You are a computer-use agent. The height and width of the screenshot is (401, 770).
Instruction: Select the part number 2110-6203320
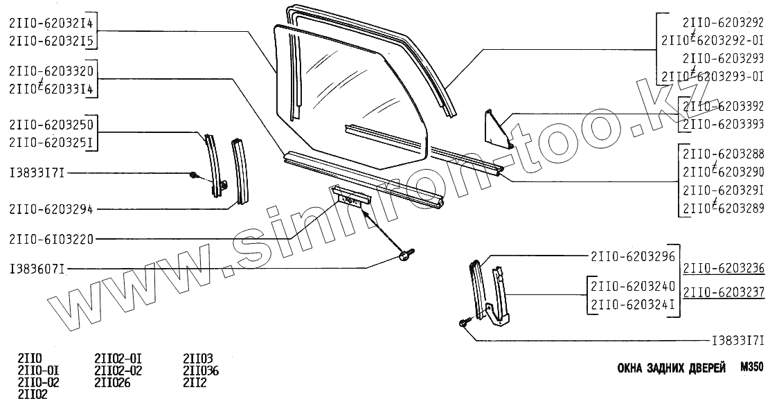coord(53,71)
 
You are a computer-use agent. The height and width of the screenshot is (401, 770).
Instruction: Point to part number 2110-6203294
coord(53,207)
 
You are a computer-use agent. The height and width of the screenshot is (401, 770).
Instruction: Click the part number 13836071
coord(37,268)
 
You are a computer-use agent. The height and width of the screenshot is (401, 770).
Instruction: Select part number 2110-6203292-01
coord(713,41)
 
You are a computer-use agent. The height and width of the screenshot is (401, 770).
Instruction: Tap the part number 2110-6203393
coord(724,124)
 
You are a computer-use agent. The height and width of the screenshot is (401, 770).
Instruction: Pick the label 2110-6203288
coord(724,153)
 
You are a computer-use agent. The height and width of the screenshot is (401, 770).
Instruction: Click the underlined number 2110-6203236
coord(724,269)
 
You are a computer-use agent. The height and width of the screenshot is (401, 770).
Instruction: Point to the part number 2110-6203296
coord(633,256)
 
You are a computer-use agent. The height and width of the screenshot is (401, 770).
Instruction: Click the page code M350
coord(751,368)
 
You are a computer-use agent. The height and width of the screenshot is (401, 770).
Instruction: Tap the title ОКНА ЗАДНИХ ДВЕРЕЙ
coord(671,368)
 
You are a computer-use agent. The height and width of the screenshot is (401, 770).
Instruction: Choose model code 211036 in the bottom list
coord(201,372)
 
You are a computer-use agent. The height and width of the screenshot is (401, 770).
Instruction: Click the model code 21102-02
coord(118,372)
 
